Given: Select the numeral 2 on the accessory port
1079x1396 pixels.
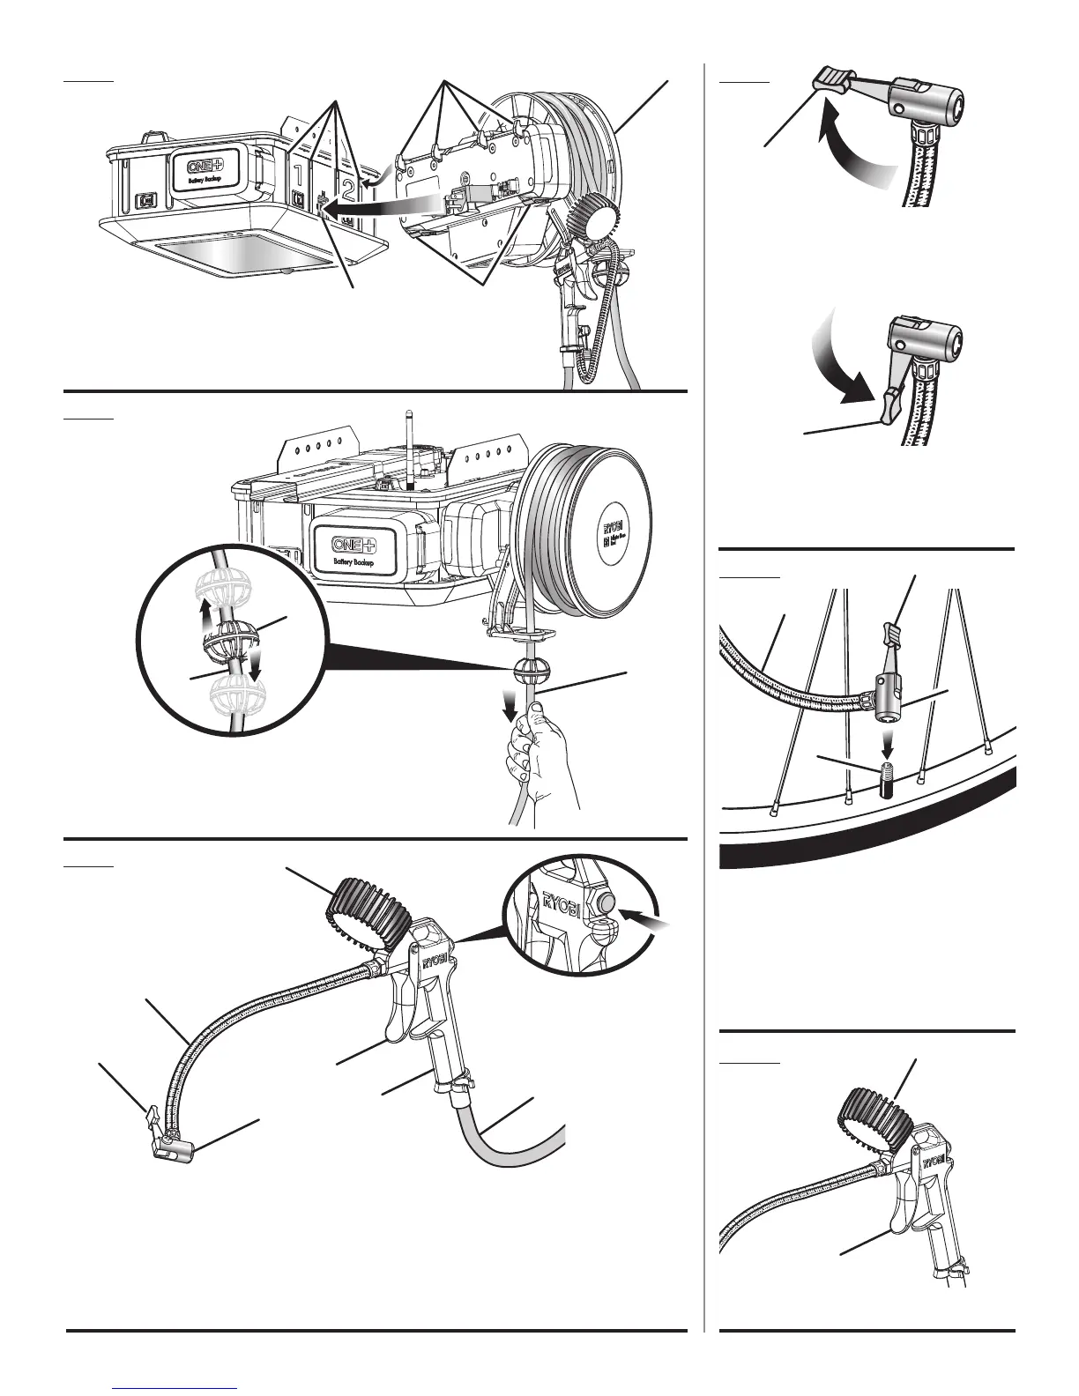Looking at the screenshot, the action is pos(350,188).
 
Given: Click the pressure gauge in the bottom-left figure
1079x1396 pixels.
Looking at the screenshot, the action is pos(367,910).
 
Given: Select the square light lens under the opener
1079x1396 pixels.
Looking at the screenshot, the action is pos(250,253).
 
